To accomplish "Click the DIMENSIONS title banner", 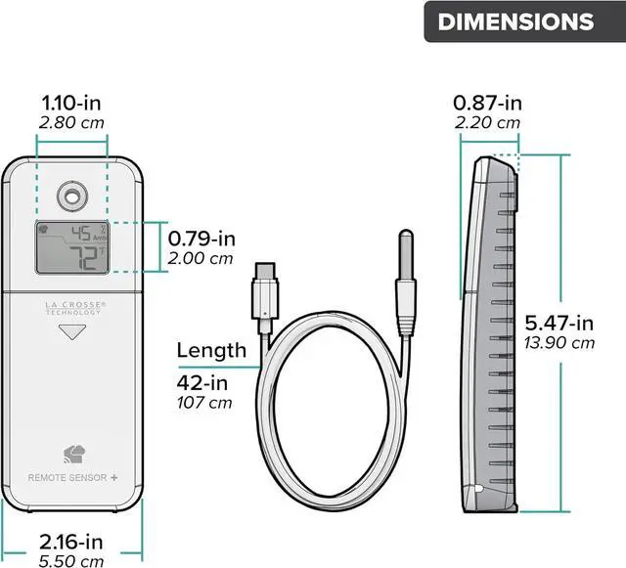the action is [524, 22].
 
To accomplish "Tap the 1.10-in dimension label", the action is [71, 103].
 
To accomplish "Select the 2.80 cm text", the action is [71, 122].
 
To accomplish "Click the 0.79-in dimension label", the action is [201, 239].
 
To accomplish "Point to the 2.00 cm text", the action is [200, 259].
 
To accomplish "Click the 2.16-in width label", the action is [71, 542].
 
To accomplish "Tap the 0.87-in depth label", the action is [487, 103].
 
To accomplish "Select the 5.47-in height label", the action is [559, 323].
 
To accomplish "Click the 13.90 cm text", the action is [559, 343].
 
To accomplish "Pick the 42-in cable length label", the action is [202, 383].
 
